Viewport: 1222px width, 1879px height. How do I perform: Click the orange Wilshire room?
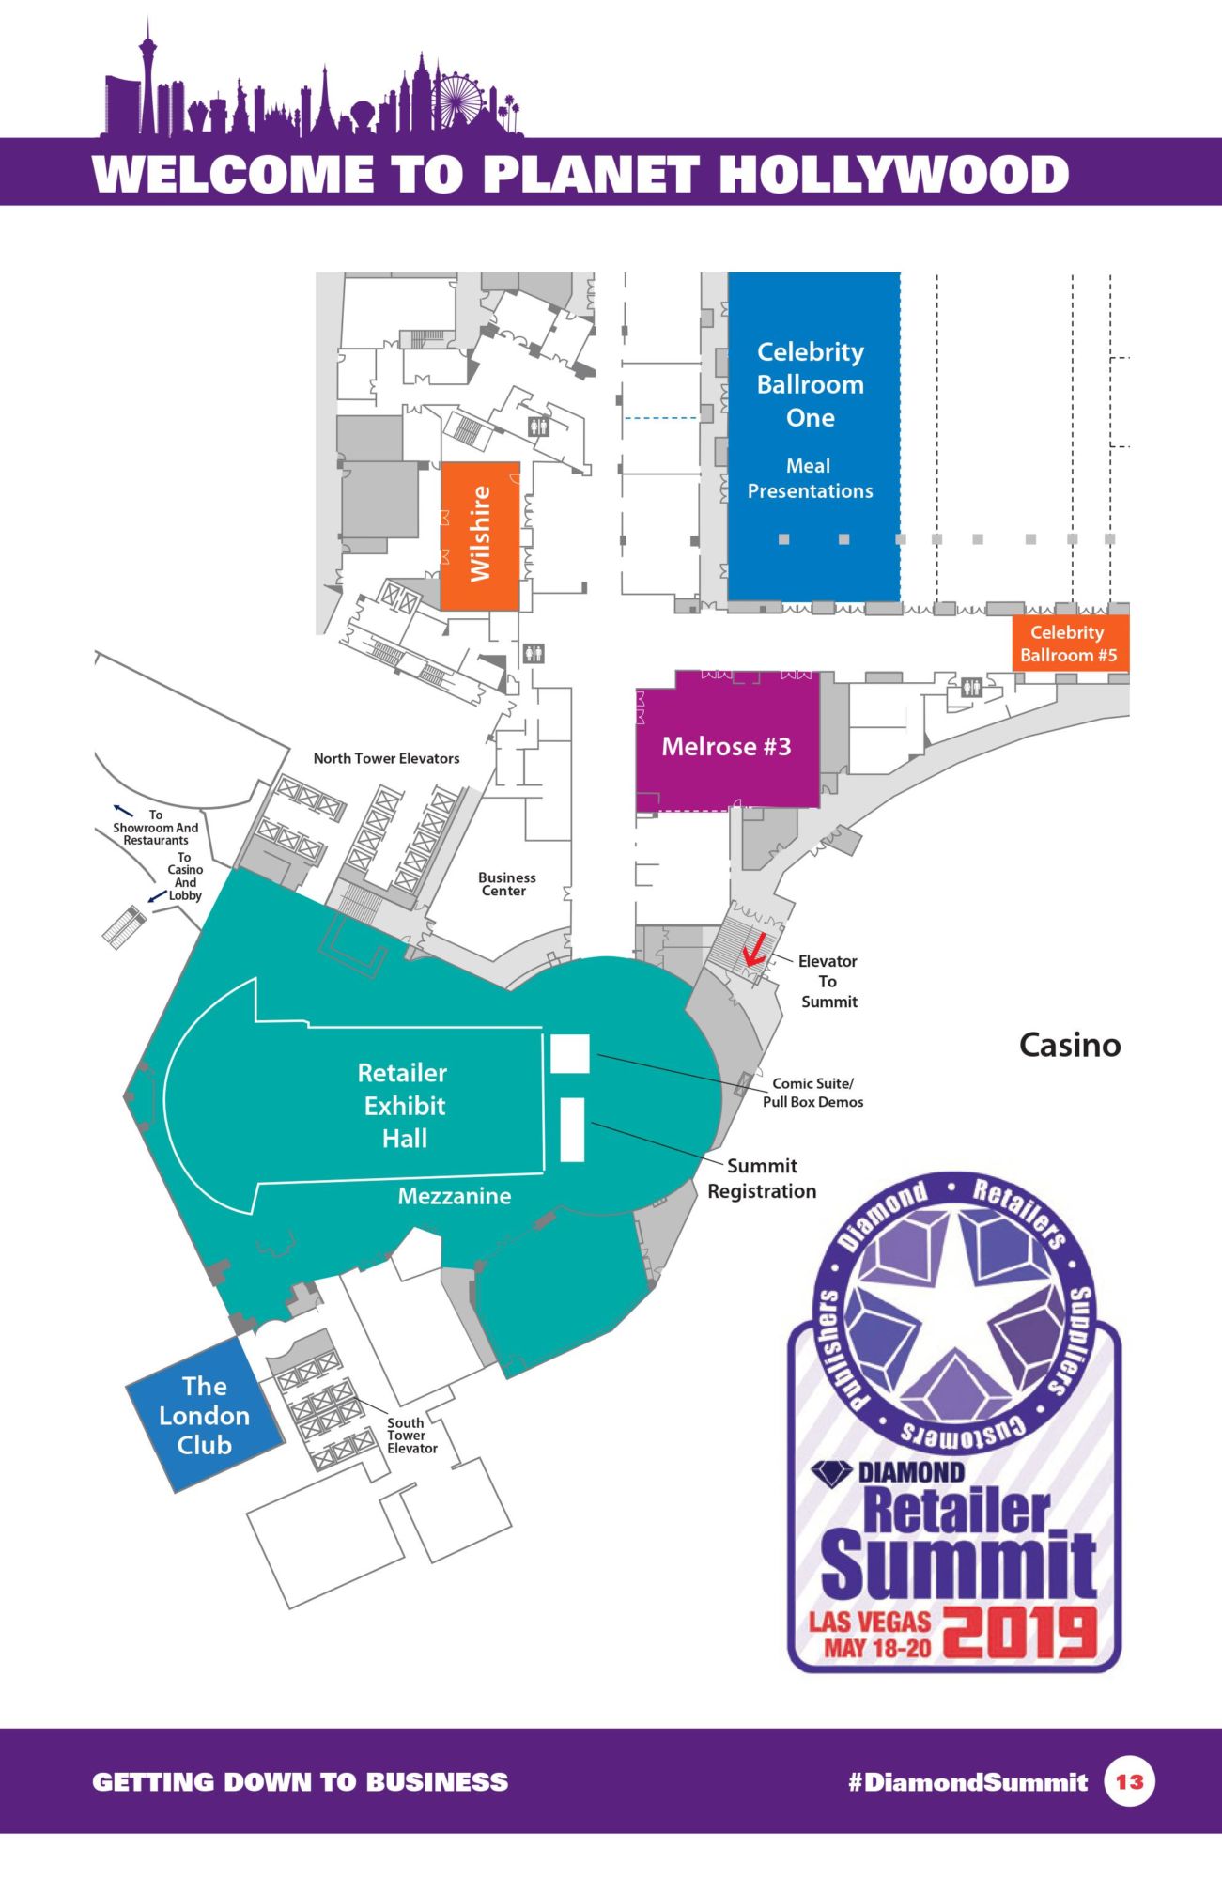[480, 536]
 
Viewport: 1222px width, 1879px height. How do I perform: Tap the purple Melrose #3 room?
[726, 741]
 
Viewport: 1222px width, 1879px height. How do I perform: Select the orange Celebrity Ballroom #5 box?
[1069, 644]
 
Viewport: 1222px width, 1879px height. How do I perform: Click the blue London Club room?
[205, 1415]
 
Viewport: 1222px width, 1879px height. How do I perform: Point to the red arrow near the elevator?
[752, 951]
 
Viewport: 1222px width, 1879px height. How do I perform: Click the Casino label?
[1070, 1045]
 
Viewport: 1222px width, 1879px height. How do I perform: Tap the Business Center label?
[506, 884]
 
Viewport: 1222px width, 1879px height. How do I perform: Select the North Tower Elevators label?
[386, 758]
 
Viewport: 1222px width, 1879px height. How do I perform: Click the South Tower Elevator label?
[411, 1436]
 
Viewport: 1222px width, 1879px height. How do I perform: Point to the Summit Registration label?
[762, 1178]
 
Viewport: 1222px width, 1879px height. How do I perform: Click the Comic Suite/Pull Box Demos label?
[812, 1093]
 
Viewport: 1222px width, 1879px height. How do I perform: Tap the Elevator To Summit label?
[828, 981]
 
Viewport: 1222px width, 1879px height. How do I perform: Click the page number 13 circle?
[1129, 1781]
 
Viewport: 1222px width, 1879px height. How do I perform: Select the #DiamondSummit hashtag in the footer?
[967, 1782]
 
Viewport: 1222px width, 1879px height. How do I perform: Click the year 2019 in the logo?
[1019, 1632]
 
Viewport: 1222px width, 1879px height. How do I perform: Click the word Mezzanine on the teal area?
[455, 1196]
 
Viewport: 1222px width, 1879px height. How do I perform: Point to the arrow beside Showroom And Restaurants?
[123, 808]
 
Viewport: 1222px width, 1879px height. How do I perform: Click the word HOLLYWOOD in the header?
[893, 175]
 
